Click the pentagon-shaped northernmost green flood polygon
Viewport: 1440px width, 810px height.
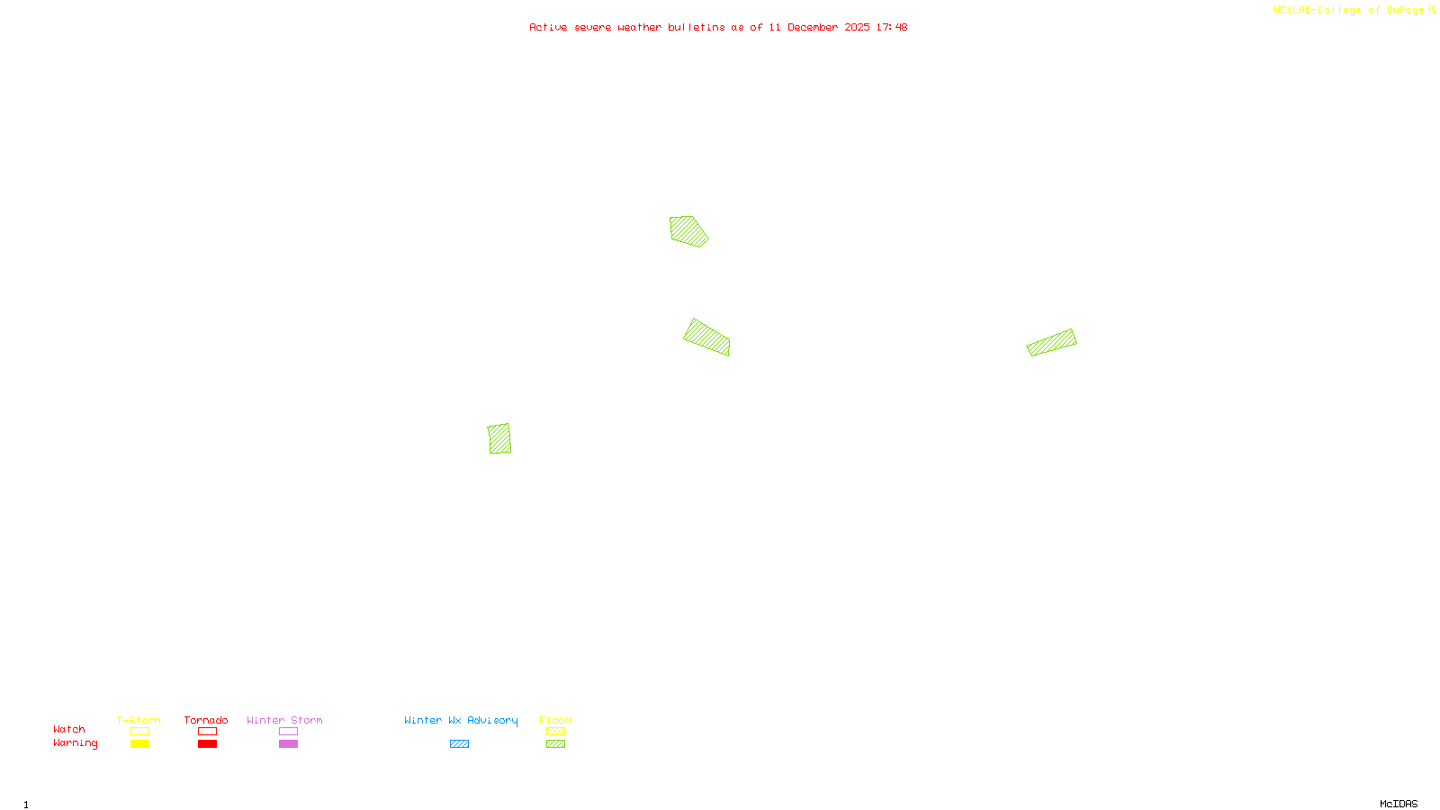pos(688,230)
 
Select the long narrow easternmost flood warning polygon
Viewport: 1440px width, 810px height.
pos(1051,342)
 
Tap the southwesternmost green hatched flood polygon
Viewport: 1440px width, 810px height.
pos(499,438)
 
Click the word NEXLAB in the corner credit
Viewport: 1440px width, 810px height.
pos(1291,11)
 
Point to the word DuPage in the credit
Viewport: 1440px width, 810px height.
pos(1405,11)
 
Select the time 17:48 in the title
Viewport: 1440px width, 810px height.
pos(892,27)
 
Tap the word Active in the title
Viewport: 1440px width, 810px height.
pos(548,27)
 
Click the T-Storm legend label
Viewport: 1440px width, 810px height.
pos(139,720)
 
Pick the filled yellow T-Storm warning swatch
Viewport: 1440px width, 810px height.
pos(139,744)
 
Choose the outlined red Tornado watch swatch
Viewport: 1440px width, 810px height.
pos(207,732)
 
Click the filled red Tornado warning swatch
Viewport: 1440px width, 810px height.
pos(207,744)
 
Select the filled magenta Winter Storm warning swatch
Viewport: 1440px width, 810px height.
pos(288,744)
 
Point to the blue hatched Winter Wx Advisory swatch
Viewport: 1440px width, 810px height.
pos(459,744)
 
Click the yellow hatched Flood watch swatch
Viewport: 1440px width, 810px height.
pos(555,732)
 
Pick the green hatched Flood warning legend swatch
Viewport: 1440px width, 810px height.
pos(555,744)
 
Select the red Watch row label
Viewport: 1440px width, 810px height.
pos(69,729)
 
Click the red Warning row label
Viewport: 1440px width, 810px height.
pos(76,743)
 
